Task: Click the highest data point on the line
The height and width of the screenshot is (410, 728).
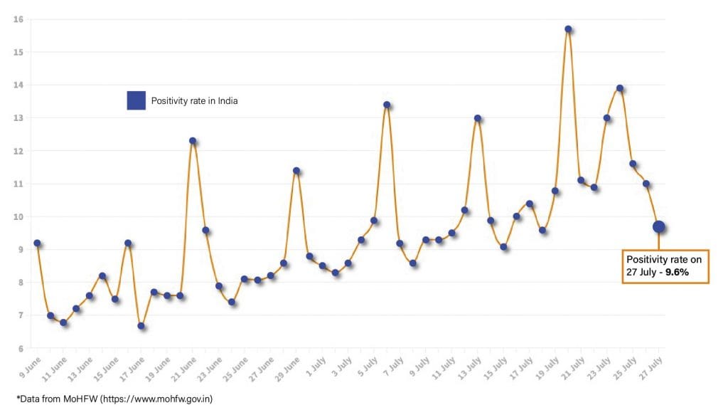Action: click(568, 29)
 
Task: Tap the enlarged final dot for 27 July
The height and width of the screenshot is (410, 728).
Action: click(659, 227)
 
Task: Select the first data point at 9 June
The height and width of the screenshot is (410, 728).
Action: click(37, 243)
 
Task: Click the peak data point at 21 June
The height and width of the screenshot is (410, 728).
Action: click(193, 141)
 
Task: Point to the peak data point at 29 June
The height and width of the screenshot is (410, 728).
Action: click(296, 171)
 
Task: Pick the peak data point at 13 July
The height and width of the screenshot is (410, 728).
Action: click(478, 118)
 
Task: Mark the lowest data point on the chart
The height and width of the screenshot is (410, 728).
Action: click(141, 326)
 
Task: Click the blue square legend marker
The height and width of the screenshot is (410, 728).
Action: click(136, 101)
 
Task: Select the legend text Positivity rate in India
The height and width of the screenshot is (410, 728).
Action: click(194, 101)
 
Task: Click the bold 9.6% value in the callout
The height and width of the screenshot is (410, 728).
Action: click(677, 272)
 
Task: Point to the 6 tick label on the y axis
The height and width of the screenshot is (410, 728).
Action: click(20, 348)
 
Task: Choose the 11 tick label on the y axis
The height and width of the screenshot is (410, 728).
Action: click(18, 184)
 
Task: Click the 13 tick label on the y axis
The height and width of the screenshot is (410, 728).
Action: click(18, 118)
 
